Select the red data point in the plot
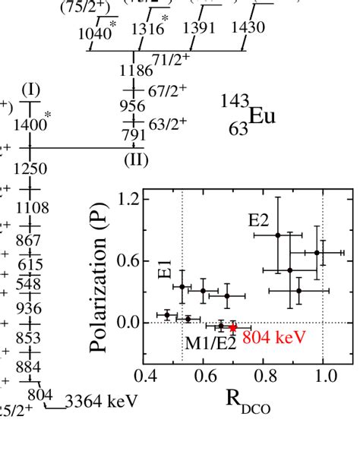click(233, 327)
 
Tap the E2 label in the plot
click(260, 221)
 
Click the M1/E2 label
click(208, 345)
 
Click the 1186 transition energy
click(134, 72)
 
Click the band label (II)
click(134, 159)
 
